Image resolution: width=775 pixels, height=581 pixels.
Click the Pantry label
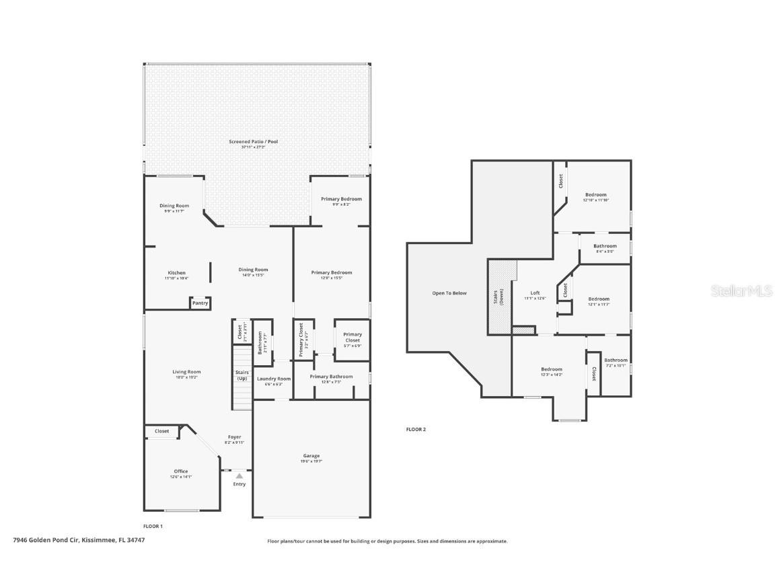200,303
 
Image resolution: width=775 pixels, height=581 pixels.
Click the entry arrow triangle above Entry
239,476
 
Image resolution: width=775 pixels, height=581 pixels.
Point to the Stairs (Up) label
242,375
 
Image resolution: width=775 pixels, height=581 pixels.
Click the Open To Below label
449,293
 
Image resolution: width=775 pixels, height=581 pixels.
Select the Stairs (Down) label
501,297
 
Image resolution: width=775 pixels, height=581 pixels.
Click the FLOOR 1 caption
153,526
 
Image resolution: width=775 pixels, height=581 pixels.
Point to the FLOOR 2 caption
416,429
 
